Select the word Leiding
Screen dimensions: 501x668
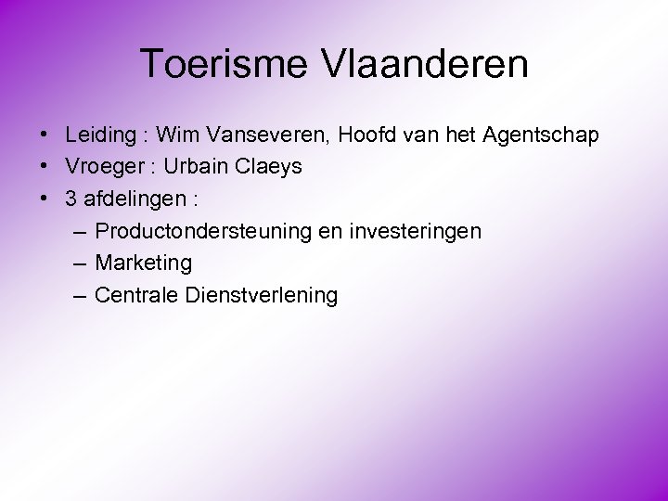click(x=100, y=135)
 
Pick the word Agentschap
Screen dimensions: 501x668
click(x=541, y=135)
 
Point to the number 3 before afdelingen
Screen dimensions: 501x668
click(x=71, y=199)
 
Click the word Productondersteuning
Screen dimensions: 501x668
click(x=203, y=231)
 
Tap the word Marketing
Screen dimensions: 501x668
click(x=144, y=263)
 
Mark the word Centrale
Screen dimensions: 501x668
click(x=137, y=295)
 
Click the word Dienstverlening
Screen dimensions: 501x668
click(x=262, y=295)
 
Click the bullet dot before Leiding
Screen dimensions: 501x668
click(x=45, y=135)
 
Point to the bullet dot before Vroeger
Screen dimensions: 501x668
click(x=45, y=167)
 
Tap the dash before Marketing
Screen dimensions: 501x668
click(x=78, y=263)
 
